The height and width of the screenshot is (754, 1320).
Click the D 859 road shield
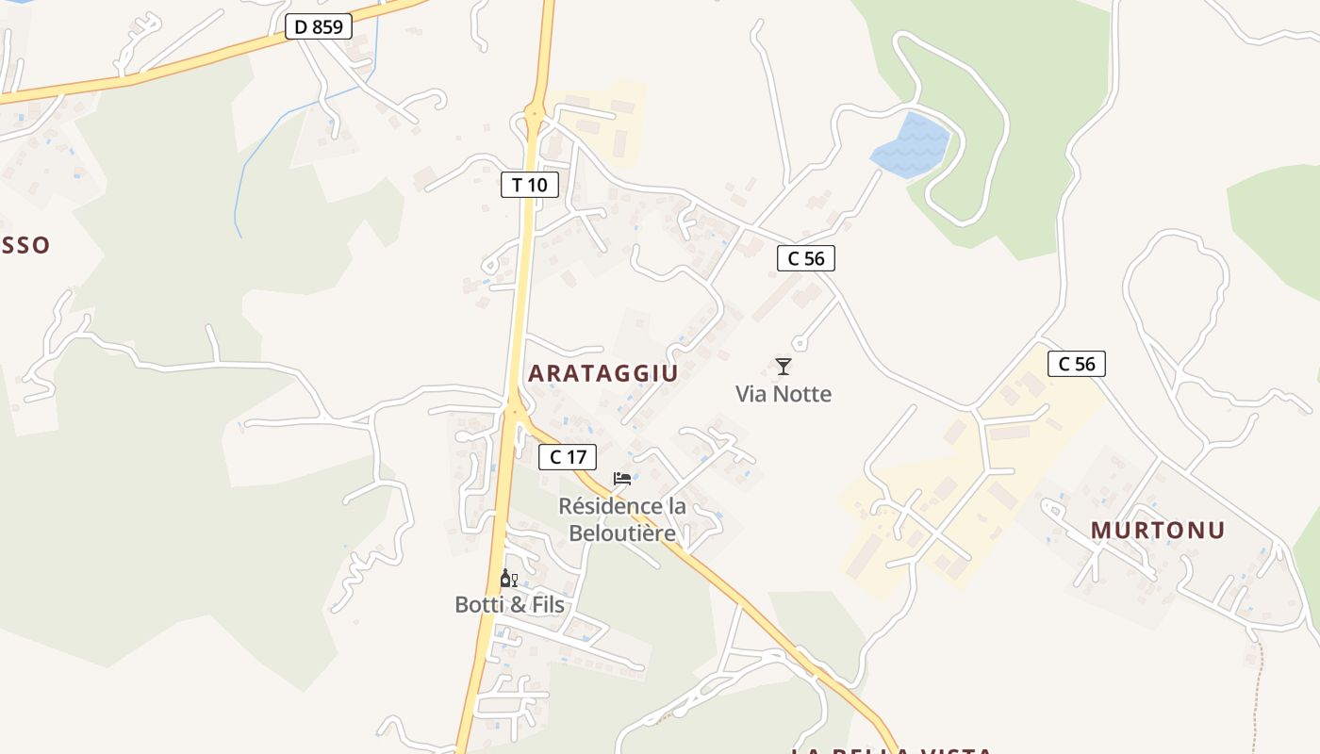click(319, 27)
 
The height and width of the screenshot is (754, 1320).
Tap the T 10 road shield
click(529, 185)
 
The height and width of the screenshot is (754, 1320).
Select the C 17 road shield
click(568, 457)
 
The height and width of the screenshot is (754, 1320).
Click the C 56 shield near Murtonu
click(1076, 364)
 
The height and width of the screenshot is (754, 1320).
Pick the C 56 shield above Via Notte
click(806, 258)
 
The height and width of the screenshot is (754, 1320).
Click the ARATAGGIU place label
click(602, 373)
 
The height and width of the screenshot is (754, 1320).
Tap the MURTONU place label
click(1158, 531)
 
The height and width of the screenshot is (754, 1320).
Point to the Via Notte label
click(784, 394)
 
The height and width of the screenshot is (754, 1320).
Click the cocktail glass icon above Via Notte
click(784, 366)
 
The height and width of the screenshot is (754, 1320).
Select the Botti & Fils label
click(509, 605)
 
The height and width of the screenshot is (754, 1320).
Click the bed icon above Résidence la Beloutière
click(622, 479)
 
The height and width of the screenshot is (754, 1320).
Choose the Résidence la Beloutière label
click(622, 519)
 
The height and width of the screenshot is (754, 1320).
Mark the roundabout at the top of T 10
click(535, 116)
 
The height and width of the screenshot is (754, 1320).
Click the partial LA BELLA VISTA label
click(891, 750)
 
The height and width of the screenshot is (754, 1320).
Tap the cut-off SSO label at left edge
click(25, 246)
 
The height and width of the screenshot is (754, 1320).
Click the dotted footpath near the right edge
click(1258, 697)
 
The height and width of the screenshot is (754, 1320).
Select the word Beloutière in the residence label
click(622, 533)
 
